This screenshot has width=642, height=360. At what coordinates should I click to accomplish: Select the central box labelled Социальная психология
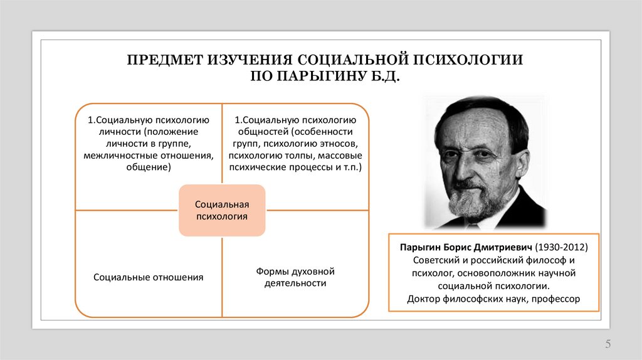pyautogui.click(x=222, y=210)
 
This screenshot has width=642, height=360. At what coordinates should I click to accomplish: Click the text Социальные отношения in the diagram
pyautogui.click(x=148, y=277)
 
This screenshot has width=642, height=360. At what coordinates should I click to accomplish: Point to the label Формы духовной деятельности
pyautogui.click(x=295, y=277)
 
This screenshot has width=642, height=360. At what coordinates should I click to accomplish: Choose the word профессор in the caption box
pyautogui.click(x=555, y=299)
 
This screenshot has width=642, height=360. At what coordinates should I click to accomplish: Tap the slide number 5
pyautogui.click(x=608, y=344)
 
